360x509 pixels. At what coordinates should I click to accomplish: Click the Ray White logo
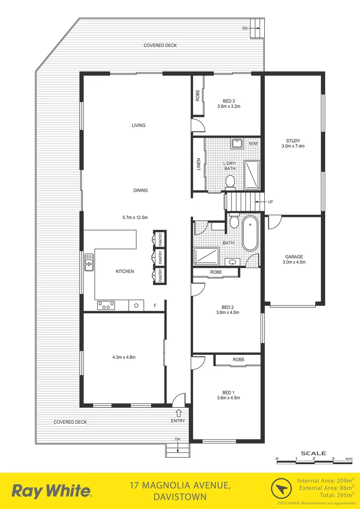pyautogui.click(x=52, y=491)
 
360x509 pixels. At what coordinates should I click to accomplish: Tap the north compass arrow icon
pyautogui.click(x=281, y=490)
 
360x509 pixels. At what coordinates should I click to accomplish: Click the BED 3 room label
pyautogui.click(x=229, y=100)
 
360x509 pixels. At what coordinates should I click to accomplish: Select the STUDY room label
pyautogui.click(x=293, y=140)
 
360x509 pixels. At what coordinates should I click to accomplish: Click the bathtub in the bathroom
pyautogui.click(x=249, y=234)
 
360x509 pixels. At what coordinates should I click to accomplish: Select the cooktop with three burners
pyautogui.click(x=106, y=305)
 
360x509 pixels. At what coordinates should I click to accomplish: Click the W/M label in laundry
pyautogui.click(x=253, y=143)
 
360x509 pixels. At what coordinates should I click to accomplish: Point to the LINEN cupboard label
pyautogui.click(x=198, y=165)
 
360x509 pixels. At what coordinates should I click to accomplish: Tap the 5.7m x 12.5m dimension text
pyautogui.click(x=135, y=218)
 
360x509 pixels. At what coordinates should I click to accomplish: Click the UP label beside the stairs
pyautogui.click(x=270, y=202)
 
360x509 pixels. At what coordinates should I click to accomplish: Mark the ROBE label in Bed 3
pyautogui.click(x=198, y=96)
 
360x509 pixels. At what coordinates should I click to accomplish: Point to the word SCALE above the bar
pyautogui.click(x=313, y=453)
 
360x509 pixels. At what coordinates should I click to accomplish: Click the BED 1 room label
pyautogui.click(x=229, y=392)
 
